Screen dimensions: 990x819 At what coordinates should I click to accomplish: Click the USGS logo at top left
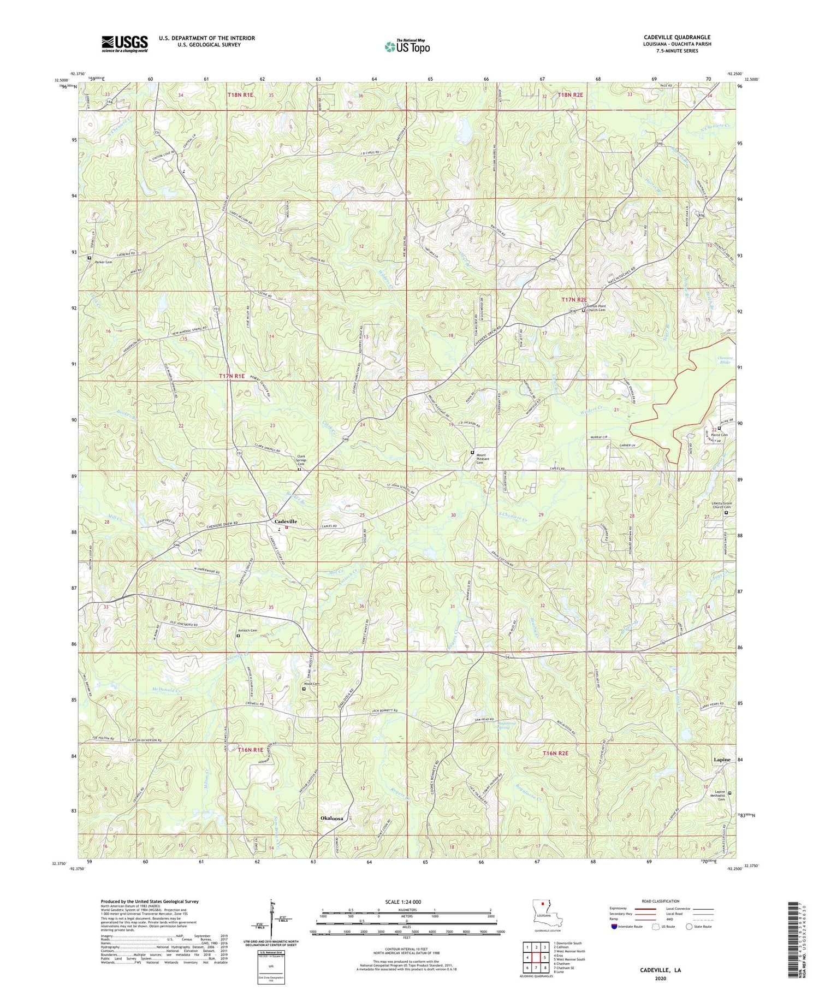(x=124, y=44)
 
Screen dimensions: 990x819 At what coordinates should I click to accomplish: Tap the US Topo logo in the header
(x=407, y=46)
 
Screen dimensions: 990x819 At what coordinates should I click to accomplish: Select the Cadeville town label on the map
(x=285, y=521)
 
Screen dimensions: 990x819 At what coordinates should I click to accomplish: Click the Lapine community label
(x=725, y=759)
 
